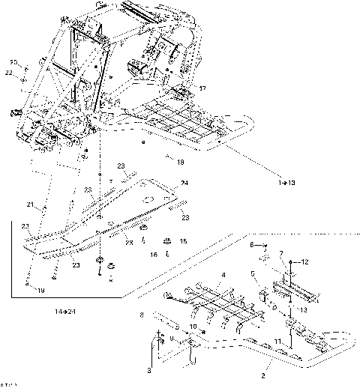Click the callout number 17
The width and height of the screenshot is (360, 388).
pos(201,88)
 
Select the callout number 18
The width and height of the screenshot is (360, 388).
pos(180,160)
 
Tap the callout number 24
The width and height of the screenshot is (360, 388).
pos(184,182)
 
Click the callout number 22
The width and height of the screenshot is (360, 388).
pos(10,72)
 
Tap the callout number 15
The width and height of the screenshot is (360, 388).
pos(183,241)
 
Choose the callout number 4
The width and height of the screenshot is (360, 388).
pos(223,276)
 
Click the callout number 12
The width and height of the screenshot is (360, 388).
pos(305,262)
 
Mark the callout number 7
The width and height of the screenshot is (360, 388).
pos(281,255)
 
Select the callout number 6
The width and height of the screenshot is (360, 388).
pos(253,245)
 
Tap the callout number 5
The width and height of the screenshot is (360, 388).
pos(253,273)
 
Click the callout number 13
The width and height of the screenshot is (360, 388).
pos(303,309)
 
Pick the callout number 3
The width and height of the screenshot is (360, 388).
pos(149,369)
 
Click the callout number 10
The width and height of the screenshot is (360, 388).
pos(193,327)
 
